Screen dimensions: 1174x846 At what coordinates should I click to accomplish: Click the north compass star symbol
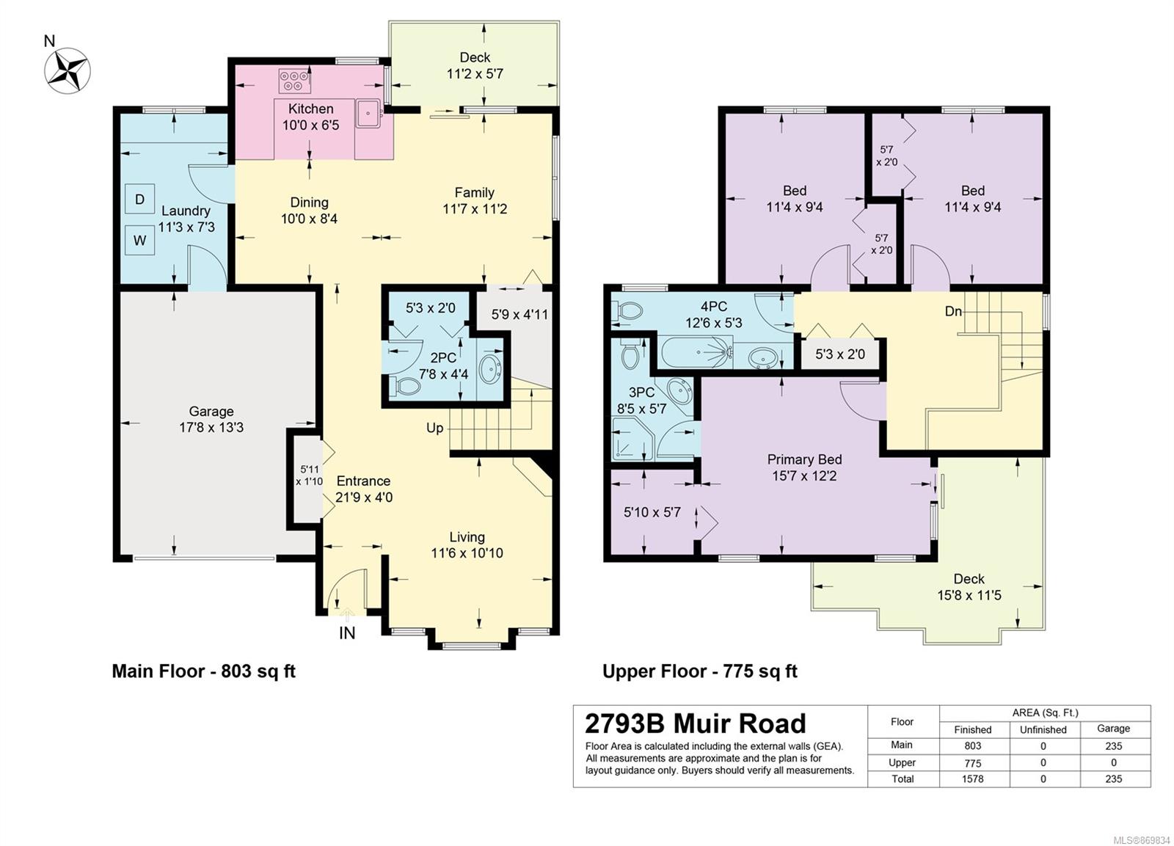[68, 70]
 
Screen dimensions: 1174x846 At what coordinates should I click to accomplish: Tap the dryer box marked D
[140, 199]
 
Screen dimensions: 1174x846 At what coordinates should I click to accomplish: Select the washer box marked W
[140, 240]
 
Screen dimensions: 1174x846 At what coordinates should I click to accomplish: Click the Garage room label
[211, 411]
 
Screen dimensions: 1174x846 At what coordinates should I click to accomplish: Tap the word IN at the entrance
[347, 633]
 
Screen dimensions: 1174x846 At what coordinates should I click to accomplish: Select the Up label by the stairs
[434, 429]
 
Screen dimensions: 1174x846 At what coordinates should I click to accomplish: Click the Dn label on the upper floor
[953, 311]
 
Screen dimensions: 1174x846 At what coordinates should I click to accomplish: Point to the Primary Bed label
[804, 459]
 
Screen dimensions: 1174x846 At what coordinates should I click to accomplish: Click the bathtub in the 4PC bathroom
[696, 352]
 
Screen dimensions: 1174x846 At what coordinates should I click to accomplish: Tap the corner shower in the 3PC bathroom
[632, 439]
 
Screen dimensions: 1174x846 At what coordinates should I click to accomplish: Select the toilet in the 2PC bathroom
[406, 387]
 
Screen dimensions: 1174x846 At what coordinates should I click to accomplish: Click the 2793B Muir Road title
[695, 723]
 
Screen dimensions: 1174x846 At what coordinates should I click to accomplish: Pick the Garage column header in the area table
[1113, 728]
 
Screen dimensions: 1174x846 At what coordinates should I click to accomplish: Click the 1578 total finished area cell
[972, 779]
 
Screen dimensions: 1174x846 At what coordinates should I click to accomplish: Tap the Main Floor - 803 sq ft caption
[204, 671]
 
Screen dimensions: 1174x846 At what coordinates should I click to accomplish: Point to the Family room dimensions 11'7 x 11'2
[475, 209]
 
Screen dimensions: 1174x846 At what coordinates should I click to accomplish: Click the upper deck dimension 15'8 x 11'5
[969, 595]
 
